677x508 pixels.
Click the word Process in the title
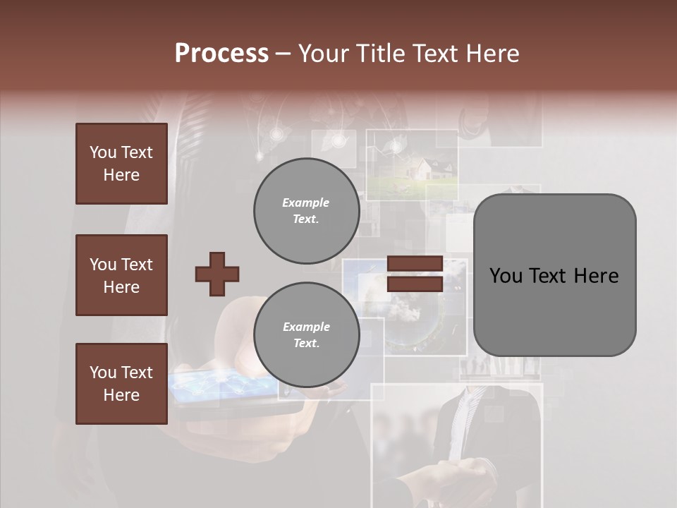click(x=221, y=54)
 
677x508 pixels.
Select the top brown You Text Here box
click(x=121, y=164)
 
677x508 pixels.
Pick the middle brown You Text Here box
click(x=121, y=275)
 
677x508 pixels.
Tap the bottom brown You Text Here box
click(x=121, y=384)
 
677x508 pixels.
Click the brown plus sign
click(x=217, y=274)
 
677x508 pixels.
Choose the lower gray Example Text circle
click(x=306, y=334)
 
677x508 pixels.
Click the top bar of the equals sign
click(x=415, y=264)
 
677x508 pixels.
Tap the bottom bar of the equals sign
click(x=415, y=284)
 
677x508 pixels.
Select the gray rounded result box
click(x=554, y=275)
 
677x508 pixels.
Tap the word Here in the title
click(x=493, y=54)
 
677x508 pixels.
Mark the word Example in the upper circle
click(x=306, y=202)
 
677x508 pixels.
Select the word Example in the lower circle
click(x=306, y=327)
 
